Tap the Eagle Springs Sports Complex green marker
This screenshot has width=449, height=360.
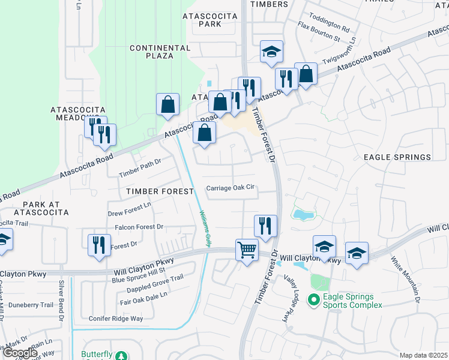(x=312, y=299)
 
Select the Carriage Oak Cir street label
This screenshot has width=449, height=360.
(x=231, y=188)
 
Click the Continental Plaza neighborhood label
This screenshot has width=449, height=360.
(x=160, y=52)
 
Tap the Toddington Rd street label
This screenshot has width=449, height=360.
(x=328, y=28)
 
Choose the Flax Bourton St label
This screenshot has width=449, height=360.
(x=319, y=39)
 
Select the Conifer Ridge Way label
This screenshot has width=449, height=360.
(x=116, y=319)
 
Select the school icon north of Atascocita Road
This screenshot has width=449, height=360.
(x=271, y=52)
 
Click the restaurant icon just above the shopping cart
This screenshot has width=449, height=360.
(x=265, y=226)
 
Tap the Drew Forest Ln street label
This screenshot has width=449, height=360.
(x=130, y=213)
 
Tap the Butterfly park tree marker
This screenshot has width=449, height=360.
(x=121, y=356)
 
